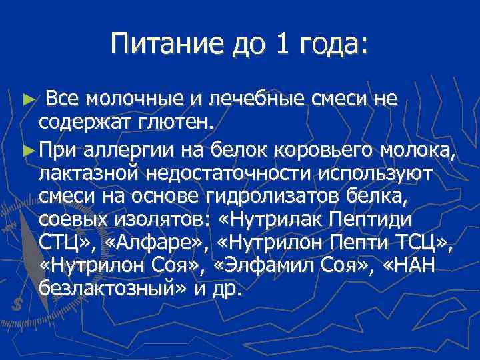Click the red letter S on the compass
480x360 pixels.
click(15, 303)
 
